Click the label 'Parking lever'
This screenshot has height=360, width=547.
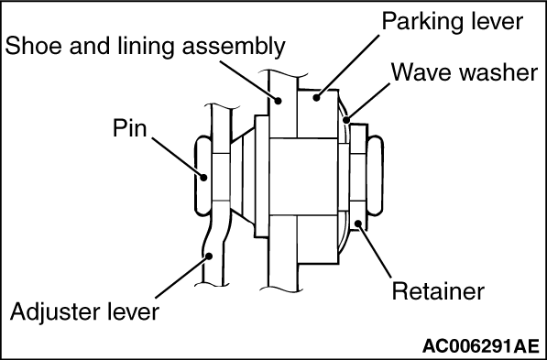click(453, 22)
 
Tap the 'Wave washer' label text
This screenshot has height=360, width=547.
click(465, 72)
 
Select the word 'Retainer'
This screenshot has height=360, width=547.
click(438, 291)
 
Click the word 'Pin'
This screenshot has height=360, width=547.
click(130, 128)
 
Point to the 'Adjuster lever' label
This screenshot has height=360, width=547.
click(85, 311)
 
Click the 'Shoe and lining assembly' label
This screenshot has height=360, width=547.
click(145, 47)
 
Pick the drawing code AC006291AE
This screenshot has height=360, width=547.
click(481, 346)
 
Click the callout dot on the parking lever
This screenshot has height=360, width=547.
click(316, 98)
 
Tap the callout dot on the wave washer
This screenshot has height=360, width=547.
click(346, 120)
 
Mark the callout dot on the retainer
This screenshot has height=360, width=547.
click(358, 223)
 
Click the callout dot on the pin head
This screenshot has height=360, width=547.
click(203, 177)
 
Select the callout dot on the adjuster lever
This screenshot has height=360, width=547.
click(209, 256)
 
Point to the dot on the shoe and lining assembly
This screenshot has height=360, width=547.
click(278, 101)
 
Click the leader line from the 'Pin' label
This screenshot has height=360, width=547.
click(178, 158)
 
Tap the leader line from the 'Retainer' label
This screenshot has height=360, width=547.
click(374, 250)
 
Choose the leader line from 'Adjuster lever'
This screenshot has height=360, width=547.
click(182, 278)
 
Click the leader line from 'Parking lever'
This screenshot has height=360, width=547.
click(347, 66)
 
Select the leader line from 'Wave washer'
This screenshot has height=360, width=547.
click(367, 102)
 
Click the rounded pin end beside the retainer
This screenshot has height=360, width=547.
click(376, 176)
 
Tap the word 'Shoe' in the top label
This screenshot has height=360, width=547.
click(34, 46)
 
